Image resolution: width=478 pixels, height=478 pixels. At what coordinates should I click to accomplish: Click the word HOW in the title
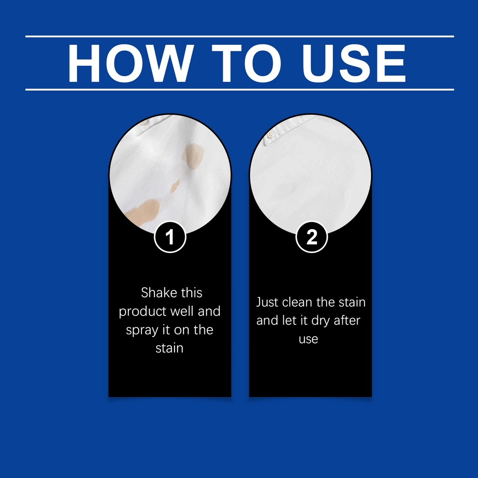point(131,63)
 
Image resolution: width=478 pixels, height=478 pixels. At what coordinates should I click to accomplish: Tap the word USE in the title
point(354,63)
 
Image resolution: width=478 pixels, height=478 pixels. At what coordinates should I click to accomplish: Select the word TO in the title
point(246,63)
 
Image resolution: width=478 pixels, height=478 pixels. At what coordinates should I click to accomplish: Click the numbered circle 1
point(170,237)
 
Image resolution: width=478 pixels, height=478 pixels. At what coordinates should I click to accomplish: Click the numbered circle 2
point(311,237)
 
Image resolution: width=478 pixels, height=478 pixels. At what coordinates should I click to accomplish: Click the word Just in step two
point(267,302)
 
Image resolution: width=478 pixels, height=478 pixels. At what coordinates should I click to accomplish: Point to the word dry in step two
point(321,321)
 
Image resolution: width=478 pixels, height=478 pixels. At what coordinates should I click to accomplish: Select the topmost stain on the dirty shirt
point(193,155)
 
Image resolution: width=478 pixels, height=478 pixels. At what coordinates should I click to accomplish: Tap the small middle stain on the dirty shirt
point(175,186)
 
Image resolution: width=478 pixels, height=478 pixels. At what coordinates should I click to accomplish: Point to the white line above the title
point(239,36)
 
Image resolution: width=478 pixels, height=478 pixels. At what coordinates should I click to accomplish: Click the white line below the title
point(239,90)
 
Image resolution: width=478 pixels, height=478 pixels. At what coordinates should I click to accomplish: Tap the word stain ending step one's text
point(169,348)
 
